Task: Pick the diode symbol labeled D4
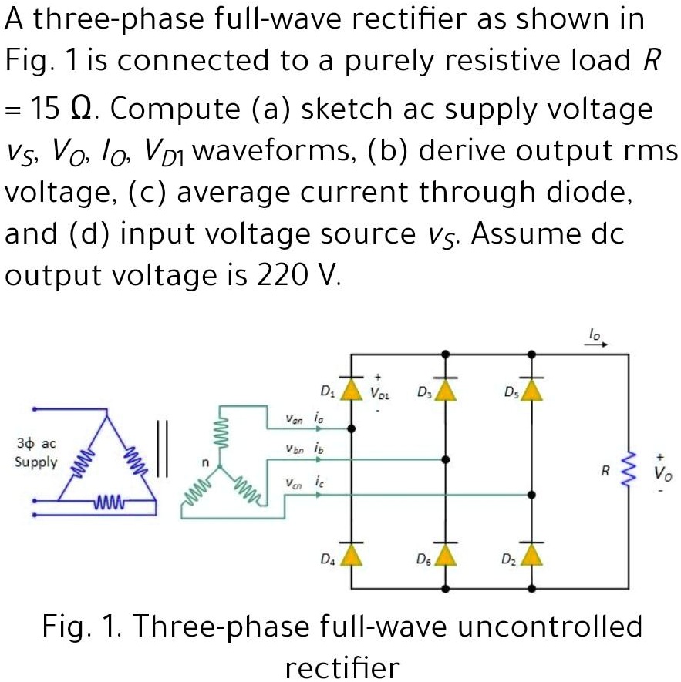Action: [352, 554]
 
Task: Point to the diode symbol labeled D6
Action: [445, 554]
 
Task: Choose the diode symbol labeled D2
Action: [531, 554]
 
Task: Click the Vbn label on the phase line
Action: [295, 450]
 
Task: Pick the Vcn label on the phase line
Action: [293, 483]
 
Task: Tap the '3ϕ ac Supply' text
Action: [36, 454]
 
